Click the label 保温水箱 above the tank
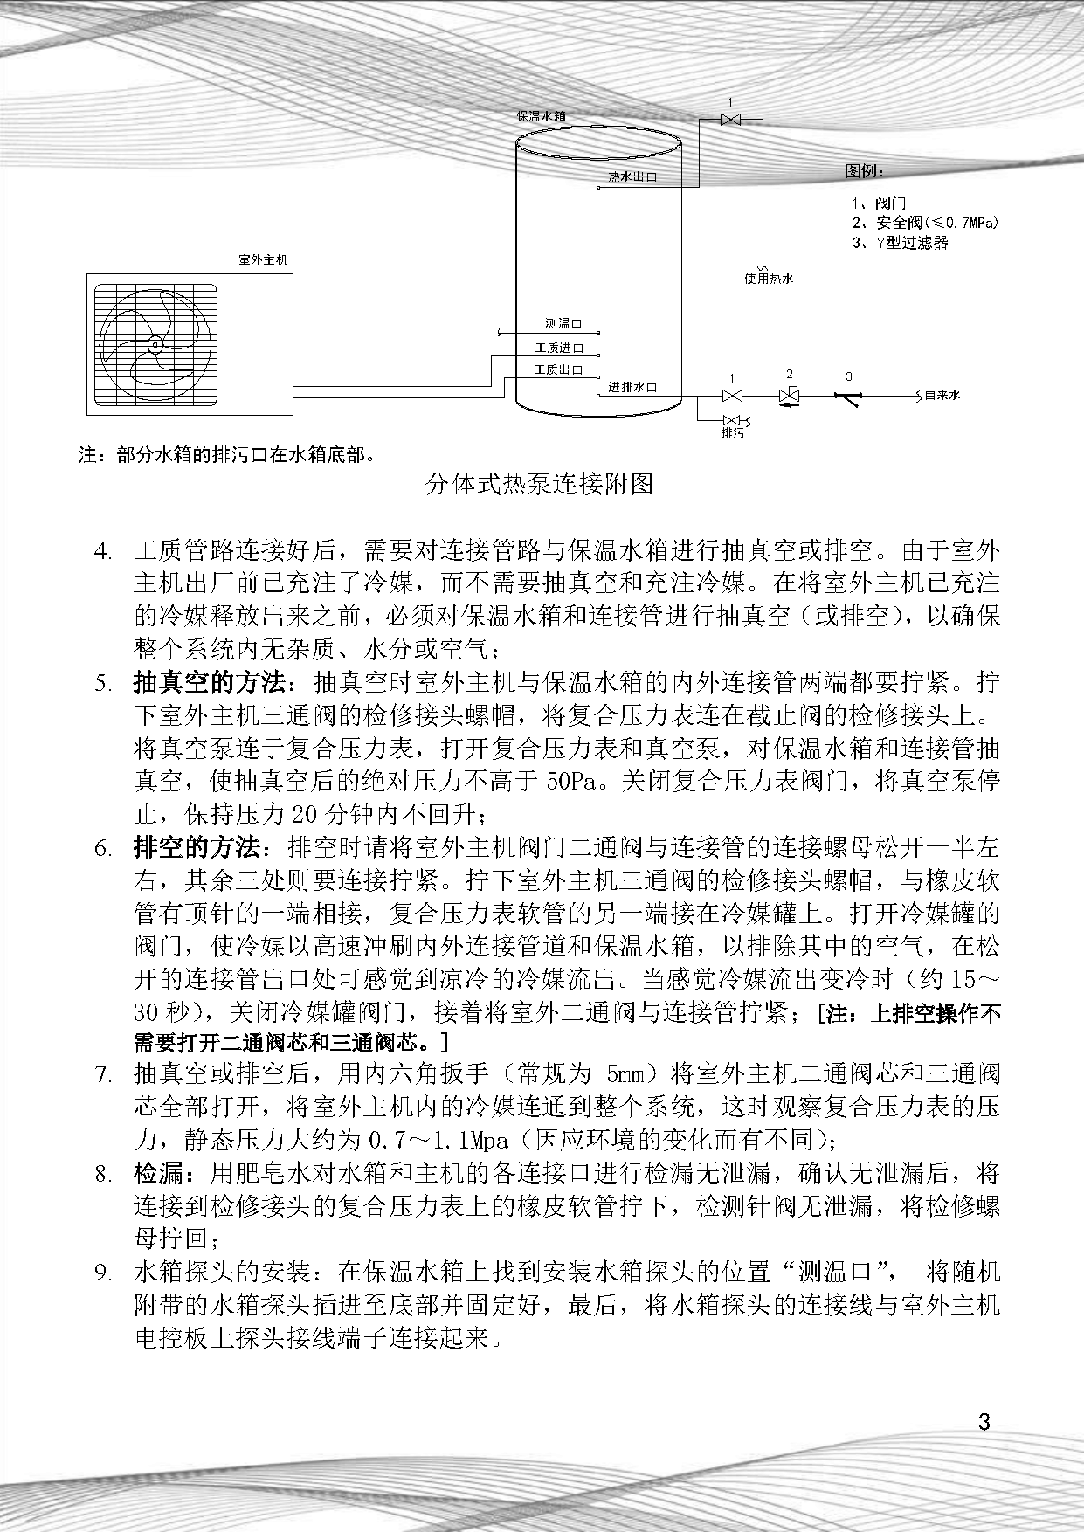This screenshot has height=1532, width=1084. point(547,115)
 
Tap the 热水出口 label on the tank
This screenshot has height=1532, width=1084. point(632,176)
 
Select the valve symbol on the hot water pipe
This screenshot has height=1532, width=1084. point(730,119)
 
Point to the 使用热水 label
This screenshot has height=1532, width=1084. point(769,279)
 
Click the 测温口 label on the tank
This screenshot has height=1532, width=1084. point(563,324)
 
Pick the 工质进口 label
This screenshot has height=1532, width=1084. point(559,348)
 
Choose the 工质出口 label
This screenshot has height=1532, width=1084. point(559,370)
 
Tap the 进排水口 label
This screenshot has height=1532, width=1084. point(632,386)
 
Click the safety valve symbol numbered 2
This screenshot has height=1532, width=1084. point(790,397)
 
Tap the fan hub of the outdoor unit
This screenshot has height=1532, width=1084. point(155,344)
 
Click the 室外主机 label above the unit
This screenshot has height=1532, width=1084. point(262,259)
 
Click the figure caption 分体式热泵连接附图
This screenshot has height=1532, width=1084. point(539,483)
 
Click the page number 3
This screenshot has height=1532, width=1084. point(984,1422)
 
